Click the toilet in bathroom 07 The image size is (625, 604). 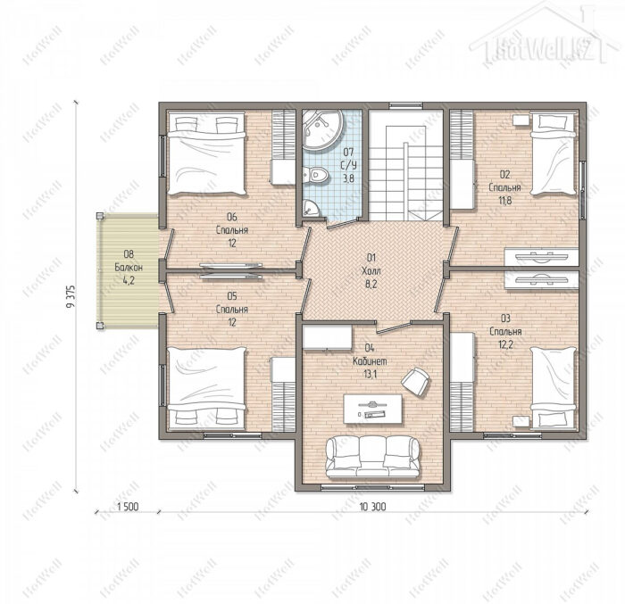coord(316,175)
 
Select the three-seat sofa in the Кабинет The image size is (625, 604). coord(372,457)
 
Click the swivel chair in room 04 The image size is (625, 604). coord(416,382)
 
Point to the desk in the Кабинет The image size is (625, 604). coord(372,409)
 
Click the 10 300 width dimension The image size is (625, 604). coord(372,507)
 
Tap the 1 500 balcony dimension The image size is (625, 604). coord(128,507)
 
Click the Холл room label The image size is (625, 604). coord(371,271)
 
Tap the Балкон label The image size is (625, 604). coord(129,267)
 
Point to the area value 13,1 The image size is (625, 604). coord(371,375)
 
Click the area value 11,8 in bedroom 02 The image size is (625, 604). coord(505,201)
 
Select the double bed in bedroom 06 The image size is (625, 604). coord(206,153)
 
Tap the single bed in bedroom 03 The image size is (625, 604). coord(554,388)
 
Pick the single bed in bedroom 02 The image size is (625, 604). coord(554,153)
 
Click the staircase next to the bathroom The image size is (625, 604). coord(405,165)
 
